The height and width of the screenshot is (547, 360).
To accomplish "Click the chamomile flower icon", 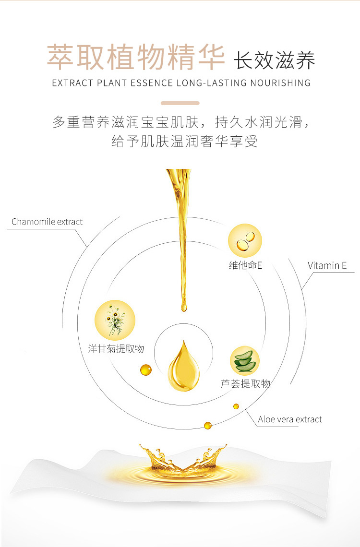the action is (115, 320).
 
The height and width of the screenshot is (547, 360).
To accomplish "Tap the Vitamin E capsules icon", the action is (245, 240).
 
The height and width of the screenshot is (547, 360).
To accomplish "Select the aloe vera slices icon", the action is (245, 360).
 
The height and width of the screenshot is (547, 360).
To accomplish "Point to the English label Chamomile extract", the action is (47, 222).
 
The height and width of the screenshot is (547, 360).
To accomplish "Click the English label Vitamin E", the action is (327, 265).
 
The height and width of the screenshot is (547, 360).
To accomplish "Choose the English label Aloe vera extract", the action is (290, 419).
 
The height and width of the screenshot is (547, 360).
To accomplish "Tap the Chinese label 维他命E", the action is (245, 265).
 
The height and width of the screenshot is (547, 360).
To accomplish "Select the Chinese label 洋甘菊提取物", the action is (116, 349).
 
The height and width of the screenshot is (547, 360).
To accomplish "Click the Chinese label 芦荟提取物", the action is (245, 383).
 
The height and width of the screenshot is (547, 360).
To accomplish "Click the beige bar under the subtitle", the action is (180, 103).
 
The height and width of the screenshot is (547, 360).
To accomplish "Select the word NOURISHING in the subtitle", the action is (280, 83).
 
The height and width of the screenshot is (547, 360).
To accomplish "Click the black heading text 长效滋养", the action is (275, 61).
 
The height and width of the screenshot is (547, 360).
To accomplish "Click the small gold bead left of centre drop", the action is (145, 370).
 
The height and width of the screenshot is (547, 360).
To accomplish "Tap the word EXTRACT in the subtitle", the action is (72, 83).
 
